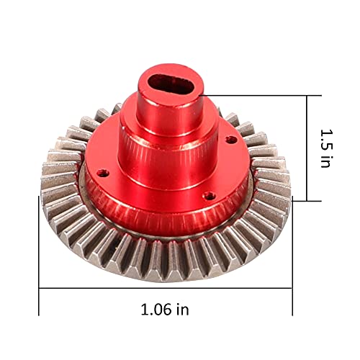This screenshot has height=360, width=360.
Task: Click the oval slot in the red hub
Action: click(x=171, y=84)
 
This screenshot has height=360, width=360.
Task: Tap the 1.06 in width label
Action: click(x=165, y=310)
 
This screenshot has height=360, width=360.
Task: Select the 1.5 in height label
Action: click(x=325, y=148)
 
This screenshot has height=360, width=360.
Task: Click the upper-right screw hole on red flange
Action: click(x=231, y=140)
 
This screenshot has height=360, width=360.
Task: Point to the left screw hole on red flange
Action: click(x=103, y=173)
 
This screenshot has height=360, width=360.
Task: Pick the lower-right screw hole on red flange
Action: click(x=210, y=197)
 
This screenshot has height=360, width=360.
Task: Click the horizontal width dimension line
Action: click(x=166, y=288)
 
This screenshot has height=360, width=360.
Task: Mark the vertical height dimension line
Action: click(x=307, y=148)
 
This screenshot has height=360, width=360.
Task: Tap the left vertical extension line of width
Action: click(x=39, y=256)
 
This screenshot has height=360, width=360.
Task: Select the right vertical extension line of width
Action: click(x=292, y=256)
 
